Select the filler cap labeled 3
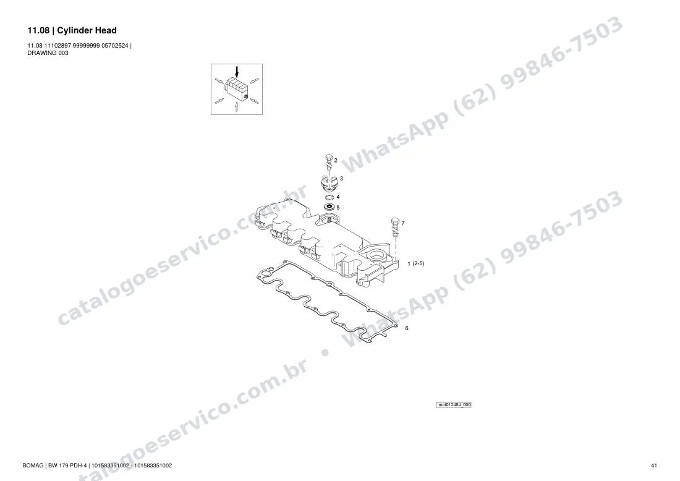pos(329,184)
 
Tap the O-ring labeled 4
pos(329,198)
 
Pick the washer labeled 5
pos(329,206)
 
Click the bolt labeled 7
pos(395,227)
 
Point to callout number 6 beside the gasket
pos(406,328)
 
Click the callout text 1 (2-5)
pos(415,263)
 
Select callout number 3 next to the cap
pos(341,178)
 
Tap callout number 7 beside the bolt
pos(403,223)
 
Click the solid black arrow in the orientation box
pos(236,72)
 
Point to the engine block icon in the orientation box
pos(236,88)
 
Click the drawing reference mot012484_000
pos(454,405)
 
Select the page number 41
pos(654,466)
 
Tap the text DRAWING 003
pos(48,53)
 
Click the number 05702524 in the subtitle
pos(115,46)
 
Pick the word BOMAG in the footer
pos(33,466)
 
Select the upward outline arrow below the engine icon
pos(236,107)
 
